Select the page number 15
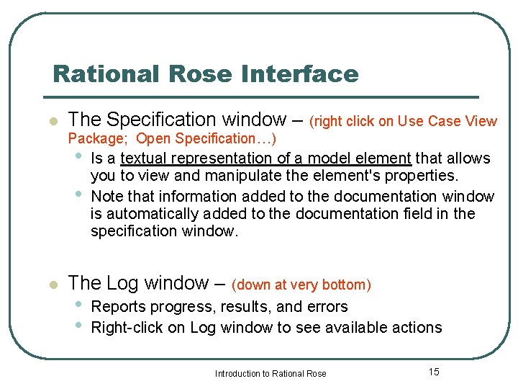(433, 372)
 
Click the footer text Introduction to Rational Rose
(271, 373)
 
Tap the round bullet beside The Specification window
(52, 121)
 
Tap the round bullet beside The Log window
(52, 285)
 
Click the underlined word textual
(143, 158)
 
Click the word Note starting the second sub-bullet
(107, 196)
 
